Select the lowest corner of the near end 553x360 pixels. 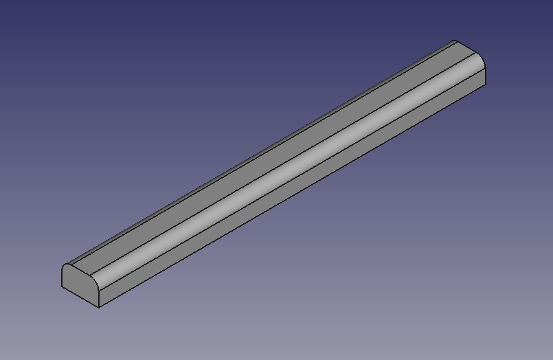click(99, 307)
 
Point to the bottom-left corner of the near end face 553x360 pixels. click(63, 286)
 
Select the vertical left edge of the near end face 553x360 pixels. click(63, 277)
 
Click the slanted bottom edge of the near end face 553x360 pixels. click(80, 297)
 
